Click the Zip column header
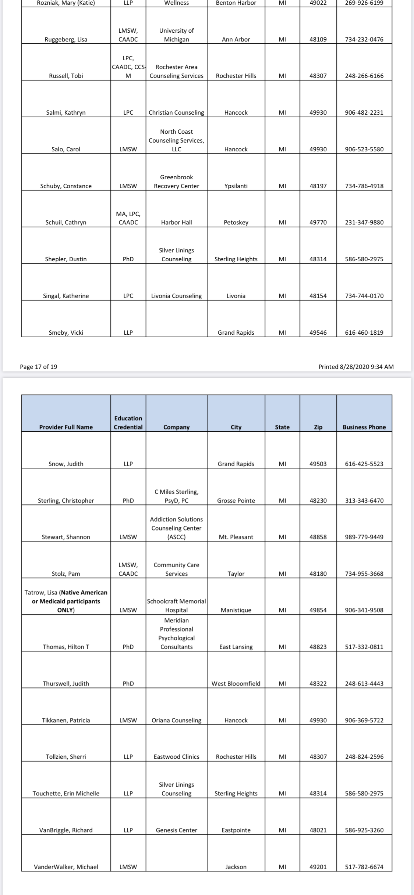pyautogui.click(x=318, y=427)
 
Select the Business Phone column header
pyautogui.click(x=364, y=427)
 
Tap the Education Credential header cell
pyautogui.click(x=128, y=423)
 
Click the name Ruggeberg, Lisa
pyautogui.click(x=66, y=39)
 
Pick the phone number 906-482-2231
pyautogui.click(x=364, y=112)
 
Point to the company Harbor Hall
pyautogui.click(x=176, y=222)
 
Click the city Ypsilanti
pyautogui.click(x=236, y=186)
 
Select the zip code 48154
pyautogui.click(x=318, y=296)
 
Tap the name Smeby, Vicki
pyautogui.click(x=66, y=333)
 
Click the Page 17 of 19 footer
pyautogui.click(x=39, y=366)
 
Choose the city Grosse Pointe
pyautogui.click(x=236, y=500)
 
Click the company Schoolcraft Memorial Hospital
pyautogui.click(x=176, y=605)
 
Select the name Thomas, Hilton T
pyautogui.click(x=66, y=647)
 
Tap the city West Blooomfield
pyautogui.click(x=236, y=683)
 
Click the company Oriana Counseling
pyautogui.click(x=176, y=720)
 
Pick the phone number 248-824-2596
pyautogui.click(x=364, y=756)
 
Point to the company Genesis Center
pyautogui.click(x=176, y=830)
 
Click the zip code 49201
pyautogui.click(x=318, y=867)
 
